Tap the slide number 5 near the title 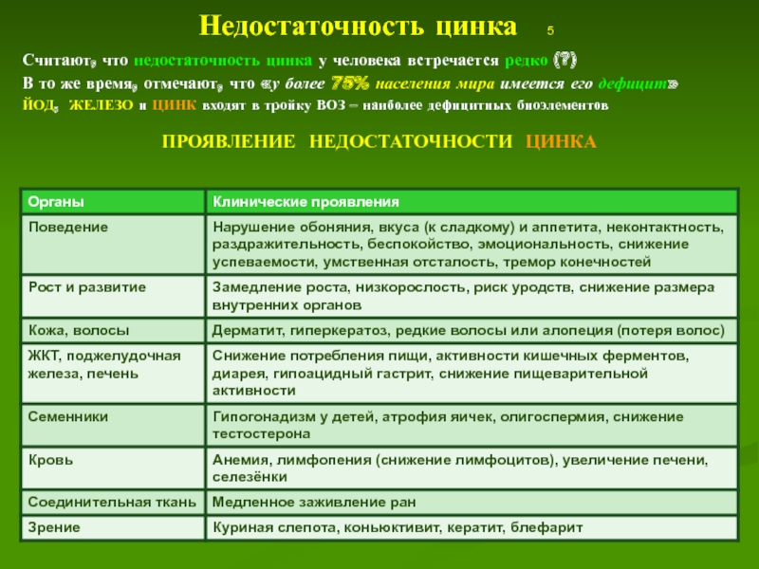551,29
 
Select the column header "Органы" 55,203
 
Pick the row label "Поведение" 67,229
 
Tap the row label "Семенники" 68,416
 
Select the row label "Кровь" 49,459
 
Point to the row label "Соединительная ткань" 109,503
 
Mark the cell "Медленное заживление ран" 314,503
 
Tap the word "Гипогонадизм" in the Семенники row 259,416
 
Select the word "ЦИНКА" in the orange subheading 560,140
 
